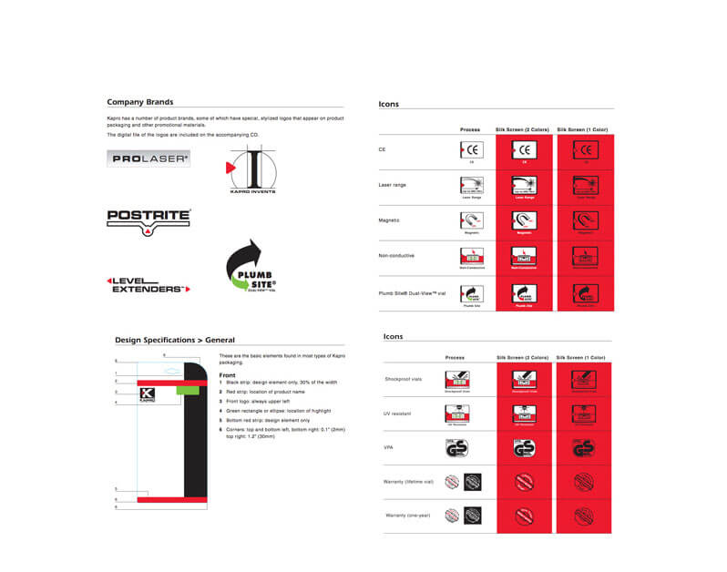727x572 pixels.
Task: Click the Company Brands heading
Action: [139, 102]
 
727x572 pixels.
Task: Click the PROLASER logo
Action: [149, 158]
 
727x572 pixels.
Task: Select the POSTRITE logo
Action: [148, 220]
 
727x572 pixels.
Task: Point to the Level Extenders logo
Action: [148, 284]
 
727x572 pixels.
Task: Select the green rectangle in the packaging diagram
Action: [187, 389]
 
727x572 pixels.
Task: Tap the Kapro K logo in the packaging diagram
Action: [148, 395]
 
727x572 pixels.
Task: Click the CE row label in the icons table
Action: [382, 149]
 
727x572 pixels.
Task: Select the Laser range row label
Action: [393, 185]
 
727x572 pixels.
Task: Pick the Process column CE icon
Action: [470, 151]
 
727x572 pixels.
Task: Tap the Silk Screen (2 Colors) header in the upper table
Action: [521, 129]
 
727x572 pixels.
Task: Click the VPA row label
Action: [389, 447]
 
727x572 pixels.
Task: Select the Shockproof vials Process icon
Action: [456, 381]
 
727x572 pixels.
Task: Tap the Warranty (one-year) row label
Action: [406, 516]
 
